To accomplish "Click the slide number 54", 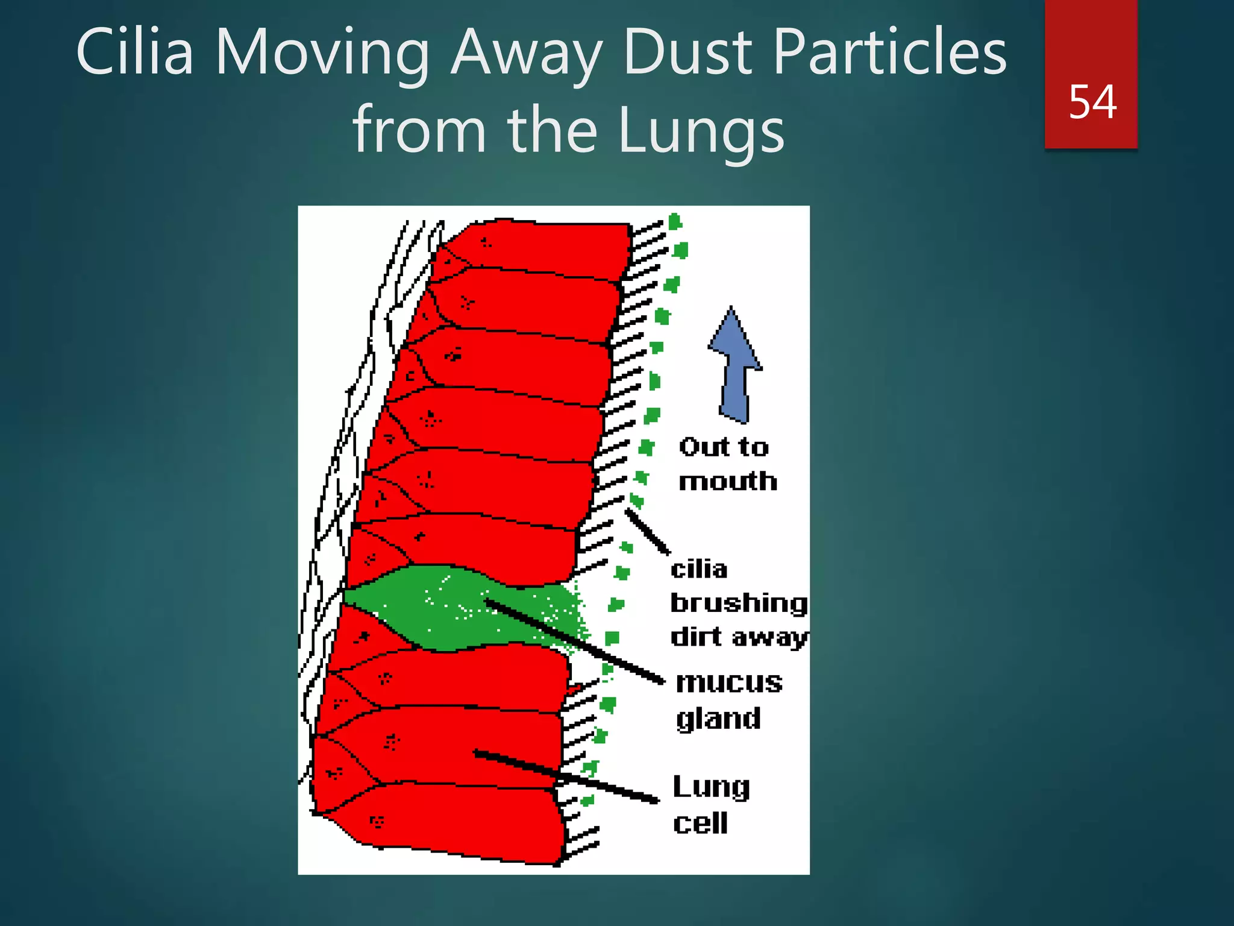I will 1092,102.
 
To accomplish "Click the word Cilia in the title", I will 135,52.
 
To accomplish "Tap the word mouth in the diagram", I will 728,482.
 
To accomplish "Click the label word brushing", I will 739,603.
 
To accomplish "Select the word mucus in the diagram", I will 729,682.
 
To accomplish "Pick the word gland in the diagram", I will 718,719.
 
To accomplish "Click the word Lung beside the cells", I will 711,787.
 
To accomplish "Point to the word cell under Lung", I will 700,823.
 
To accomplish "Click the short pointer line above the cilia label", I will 647,531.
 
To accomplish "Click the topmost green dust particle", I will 675,222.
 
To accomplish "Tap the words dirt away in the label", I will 739,637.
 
